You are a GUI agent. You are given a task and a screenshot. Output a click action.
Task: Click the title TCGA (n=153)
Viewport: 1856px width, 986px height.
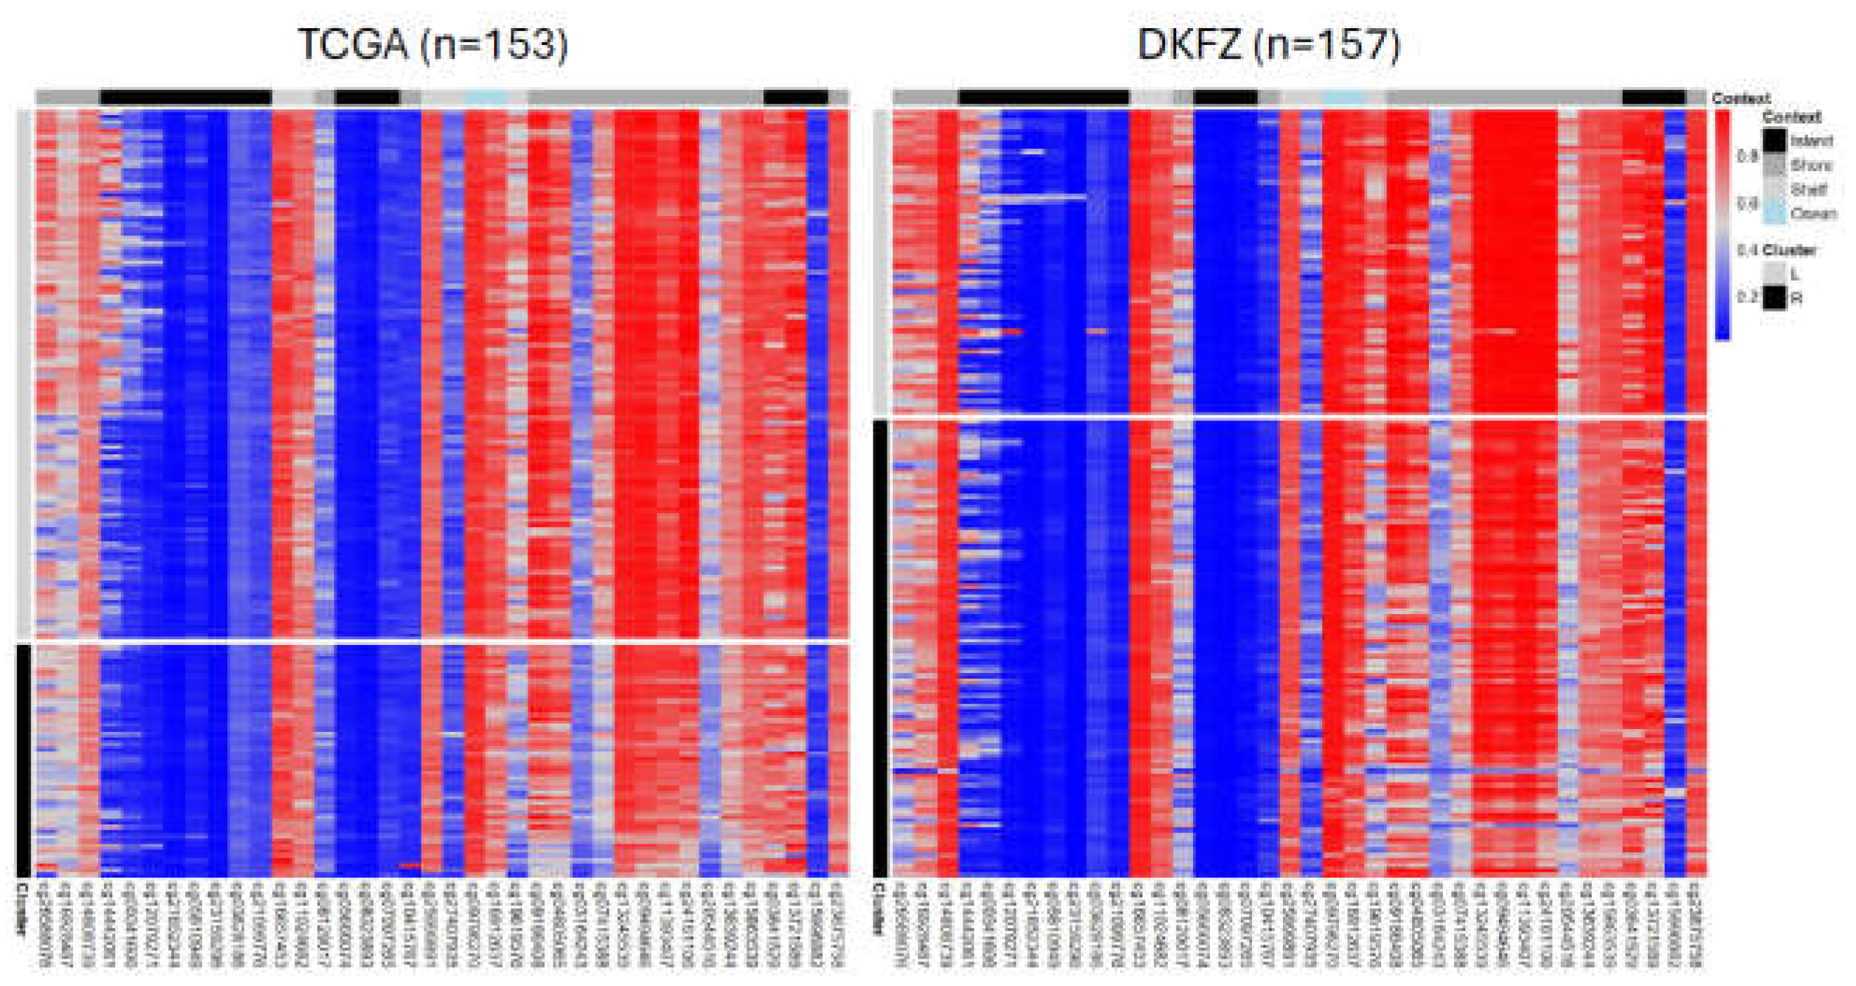tap(433, 45)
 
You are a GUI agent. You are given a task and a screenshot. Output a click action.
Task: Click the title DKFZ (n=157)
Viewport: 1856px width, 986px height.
tap(1269, 45)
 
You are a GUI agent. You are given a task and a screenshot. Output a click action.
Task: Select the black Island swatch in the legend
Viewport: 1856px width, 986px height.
tap(1775, 140)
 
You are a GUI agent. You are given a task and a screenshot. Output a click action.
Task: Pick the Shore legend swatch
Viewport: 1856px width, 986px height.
tap(1775, 165)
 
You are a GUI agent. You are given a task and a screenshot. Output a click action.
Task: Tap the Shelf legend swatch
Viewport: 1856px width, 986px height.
tap(1775, 189)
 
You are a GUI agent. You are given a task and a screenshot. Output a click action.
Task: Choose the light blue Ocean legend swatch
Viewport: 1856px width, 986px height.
tap(1775, 213)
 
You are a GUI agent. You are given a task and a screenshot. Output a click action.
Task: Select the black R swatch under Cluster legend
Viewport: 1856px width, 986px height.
tap(1775, 298)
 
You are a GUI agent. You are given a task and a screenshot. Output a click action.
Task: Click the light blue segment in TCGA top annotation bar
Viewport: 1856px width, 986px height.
tap(485, 98)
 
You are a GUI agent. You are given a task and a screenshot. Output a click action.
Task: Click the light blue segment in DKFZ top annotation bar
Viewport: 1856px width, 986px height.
tap(1344, 98)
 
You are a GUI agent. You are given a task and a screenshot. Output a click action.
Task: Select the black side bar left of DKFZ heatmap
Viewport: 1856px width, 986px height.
tap(880, 648)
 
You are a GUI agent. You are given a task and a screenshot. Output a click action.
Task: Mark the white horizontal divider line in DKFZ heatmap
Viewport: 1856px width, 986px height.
tap(1297, 418)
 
